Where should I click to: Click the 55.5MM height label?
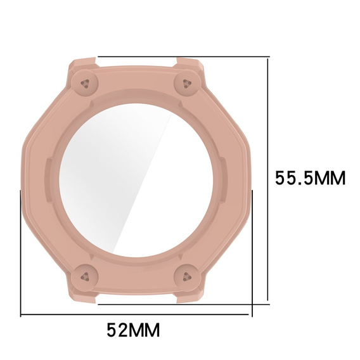(310, 178)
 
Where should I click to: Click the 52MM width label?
(133, 330)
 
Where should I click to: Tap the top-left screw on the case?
(85, 83)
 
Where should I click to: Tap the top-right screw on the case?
(188, 83)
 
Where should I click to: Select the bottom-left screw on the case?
(85, 277)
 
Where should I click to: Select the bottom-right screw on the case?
(188, 277)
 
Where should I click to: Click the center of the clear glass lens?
(136, 180)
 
